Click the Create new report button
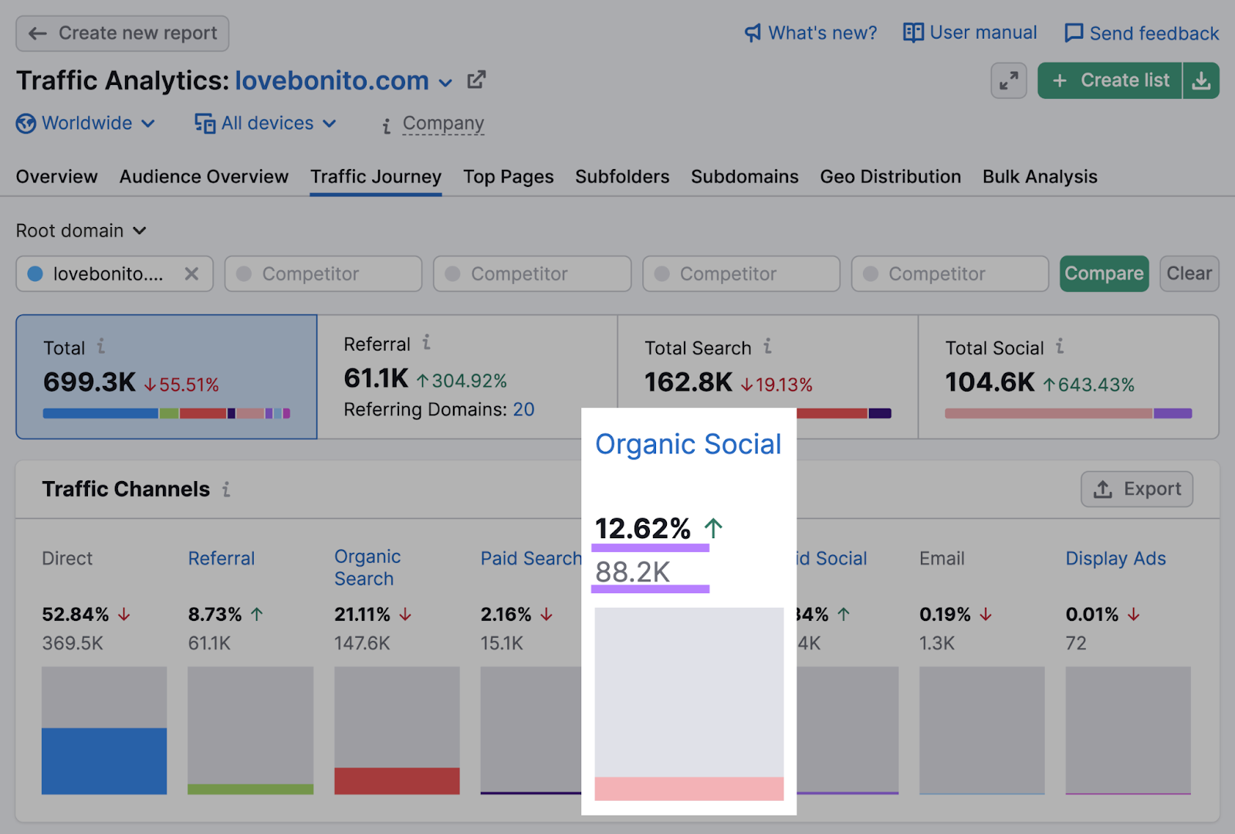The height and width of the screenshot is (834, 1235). click(123, 33)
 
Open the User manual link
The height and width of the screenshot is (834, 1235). click(970, 32)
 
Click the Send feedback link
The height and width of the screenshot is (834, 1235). click(1142, 33)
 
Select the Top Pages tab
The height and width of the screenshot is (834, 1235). click(508, 177)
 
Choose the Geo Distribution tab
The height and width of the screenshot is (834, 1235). click(890, 177)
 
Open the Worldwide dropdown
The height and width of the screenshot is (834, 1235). click(86, 124)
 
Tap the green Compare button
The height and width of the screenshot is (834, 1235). click(1104, 273)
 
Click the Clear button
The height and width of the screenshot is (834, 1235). click(1189, 273)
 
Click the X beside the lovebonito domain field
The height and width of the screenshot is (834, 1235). click(191, 274)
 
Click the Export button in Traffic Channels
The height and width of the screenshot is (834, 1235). click(1137, 489)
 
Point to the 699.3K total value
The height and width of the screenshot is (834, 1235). click(90, 382)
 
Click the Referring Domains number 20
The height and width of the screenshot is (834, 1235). click(523, 409)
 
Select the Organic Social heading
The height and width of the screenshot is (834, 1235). click(688, 445)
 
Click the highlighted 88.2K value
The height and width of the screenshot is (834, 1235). click(633, 572)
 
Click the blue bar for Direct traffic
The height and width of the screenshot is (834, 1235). click(104, 761)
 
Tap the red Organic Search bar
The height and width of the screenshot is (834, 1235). click(397, 781)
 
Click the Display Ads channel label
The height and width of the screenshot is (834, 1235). click(1115, 558)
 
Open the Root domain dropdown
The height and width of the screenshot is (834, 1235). click(81, 231)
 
